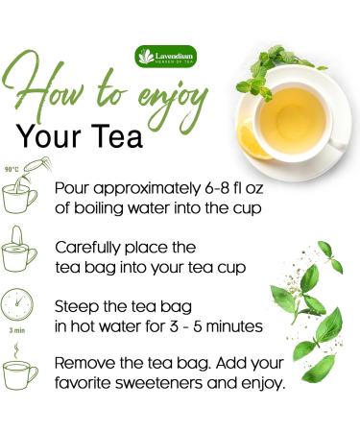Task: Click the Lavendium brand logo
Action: tap(166, 56)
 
